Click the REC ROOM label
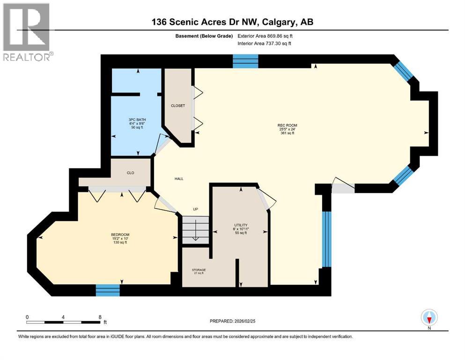point(287,125)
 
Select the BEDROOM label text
point(120,234)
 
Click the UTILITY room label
point(241,225)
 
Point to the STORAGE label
point(199,270)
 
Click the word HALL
point(179,179)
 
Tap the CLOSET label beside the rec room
point(177,105)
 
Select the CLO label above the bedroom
point(131,173)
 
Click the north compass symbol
point(429,318)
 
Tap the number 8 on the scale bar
point(100,317)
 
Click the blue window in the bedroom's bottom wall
point(108,290)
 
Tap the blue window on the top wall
point(246,60)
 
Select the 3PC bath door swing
point(162,143)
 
